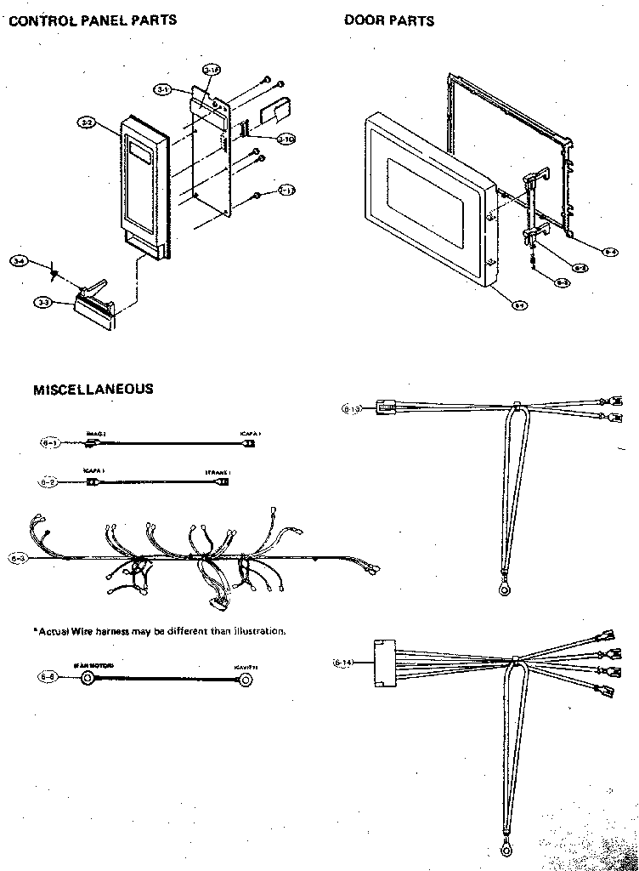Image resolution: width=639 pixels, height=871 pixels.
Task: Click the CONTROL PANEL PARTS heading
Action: coord(93,20)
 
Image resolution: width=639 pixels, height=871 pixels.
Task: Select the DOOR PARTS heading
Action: coord(389,20)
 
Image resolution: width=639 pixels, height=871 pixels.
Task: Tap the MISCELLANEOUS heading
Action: coord(93,390)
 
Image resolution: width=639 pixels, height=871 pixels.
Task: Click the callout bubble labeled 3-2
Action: coord(86,123)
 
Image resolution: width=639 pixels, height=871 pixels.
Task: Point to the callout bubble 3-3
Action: coord(42,301)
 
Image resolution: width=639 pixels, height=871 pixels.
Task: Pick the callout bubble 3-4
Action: coord(19,260)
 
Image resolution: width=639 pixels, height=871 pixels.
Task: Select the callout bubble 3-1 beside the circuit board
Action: coord(164,88)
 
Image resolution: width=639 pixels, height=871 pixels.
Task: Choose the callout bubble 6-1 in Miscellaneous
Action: coord(50,442)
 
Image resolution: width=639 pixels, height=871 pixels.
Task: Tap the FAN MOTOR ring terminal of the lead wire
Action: coord(88,678)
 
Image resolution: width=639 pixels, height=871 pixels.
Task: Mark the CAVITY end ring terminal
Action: coord(246,679)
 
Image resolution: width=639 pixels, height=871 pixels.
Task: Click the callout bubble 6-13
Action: coord(352,409)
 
